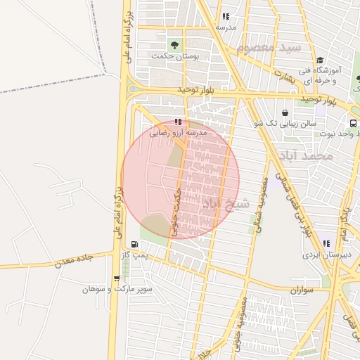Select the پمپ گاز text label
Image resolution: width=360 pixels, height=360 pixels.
click(144, 255)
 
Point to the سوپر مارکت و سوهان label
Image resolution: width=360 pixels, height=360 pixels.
click(117, 289)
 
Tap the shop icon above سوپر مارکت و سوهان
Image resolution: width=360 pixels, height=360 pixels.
click(117, 278)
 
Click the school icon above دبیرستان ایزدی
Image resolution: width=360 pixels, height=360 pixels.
click(326, 243)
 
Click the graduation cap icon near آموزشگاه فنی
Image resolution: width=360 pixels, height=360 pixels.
click(320, 60)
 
